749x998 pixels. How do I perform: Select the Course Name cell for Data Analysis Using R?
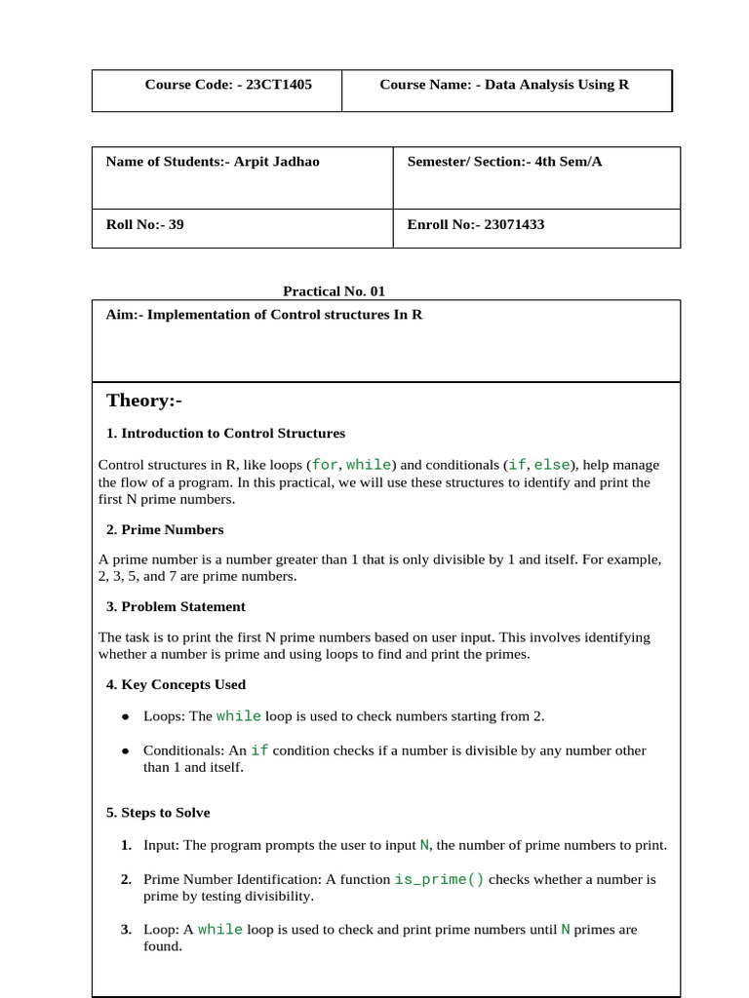point(504,85)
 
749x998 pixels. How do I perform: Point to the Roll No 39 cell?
point(144,225)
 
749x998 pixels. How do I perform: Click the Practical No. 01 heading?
point(327,290)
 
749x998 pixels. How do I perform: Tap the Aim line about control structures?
point(263,316)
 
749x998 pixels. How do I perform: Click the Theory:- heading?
point(144,402)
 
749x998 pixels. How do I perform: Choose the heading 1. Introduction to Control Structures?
point(225,434)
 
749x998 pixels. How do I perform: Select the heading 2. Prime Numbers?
point(165,530)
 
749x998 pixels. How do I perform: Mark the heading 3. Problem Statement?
point(176,607)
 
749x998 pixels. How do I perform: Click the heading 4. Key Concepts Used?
point(176,685)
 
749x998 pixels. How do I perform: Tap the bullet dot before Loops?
point(126,717)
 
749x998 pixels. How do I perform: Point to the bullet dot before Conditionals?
point(126,751)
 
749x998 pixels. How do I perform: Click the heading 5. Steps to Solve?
point(158,813)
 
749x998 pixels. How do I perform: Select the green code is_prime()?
point(439,879)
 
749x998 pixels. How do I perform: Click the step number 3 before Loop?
point(126,930)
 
